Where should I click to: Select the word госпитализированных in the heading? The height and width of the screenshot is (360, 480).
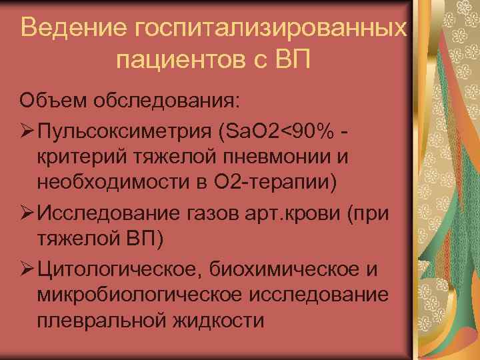[x=271, y=30]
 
